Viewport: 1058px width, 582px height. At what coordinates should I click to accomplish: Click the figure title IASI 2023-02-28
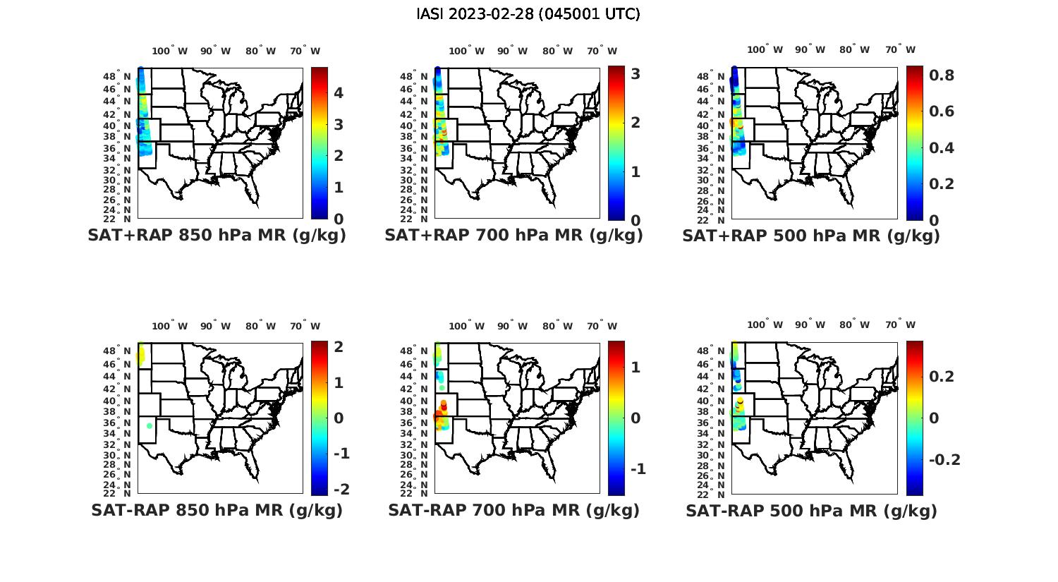tap(528, 14)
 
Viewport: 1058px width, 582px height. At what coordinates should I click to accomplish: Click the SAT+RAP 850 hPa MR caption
tap(217, 236)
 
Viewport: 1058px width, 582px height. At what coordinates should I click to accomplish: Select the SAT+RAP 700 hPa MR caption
tap(513, 236)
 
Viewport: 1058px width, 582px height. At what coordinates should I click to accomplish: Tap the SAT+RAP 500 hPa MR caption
tap(811, 236)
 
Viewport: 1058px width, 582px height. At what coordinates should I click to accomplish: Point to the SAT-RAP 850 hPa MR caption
tap(217, 510)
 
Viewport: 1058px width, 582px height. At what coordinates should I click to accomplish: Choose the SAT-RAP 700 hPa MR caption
tap(513, 510)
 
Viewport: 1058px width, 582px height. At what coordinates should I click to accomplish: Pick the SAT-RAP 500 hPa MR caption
tap(811, 511)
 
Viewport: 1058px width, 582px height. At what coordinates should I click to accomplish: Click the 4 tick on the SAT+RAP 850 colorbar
tap(339, 93)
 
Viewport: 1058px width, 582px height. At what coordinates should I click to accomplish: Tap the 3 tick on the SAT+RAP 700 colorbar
tap(636, 73)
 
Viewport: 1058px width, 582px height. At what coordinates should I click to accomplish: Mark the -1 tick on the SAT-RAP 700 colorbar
tap(635, 469)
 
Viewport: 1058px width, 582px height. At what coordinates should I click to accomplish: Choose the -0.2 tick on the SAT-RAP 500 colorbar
tap(944, 460)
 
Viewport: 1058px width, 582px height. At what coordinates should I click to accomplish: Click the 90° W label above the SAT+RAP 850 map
tap(215, 51)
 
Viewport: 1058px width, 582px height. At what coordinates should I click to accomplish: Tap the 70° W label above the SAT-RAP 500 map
tap(900, 325)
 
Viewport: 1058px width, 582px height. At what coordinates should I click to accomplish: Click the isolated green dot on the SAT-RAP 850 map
tap(150, 425)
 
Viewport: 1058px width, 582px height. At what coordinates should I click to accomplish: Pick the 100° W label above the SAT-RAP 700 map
tap(466, 326)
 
